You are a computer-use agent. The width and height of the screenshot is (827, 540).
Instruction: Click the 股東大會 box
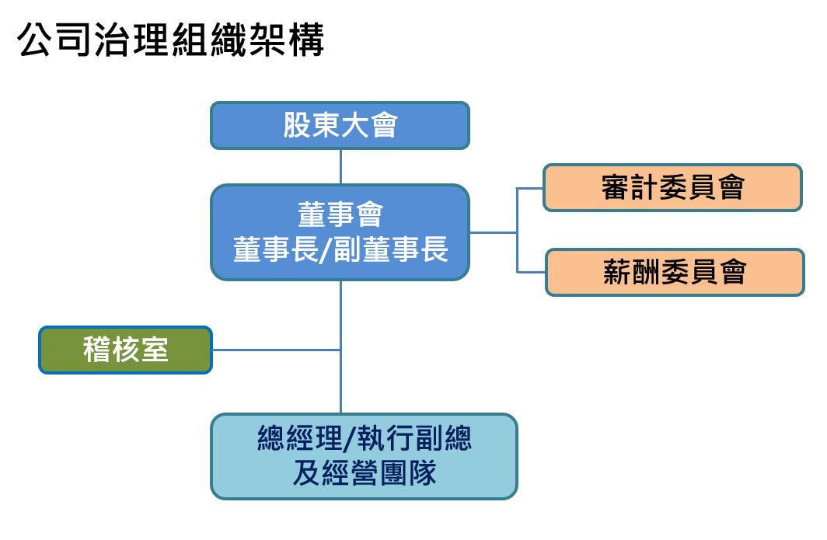pos(340,125)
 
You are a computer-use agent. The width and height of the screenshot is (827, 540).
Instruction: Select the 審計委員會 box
pos(672,187)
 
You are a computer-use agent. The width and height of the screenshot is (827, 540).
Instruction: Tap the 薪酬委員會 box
pos(674,272)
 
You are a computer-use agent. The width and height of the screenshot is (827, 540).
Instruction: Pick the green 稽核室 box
pos(125,350)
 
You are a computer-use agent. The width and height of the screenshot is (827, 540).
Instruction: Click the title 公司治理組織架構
pos(170,40)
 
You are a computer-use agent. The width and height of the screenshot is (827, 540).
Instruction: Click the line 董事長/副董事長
pos(340,250)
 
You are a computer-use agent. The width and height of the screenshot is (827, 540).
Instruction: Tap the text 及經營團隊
pos(364,473)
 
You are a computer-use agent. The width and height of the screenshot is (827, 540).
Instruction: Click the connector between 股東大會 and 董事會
pos(340,166)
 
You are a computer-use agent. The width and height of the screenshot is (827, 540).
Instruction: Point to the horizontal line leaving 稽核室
pos(276,350)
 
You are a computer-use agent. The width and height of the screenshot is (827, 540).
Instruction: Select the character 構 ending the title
pos(305,40)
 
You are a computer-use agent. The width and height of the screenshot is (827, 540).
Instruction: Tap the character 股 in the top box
pos(298,125)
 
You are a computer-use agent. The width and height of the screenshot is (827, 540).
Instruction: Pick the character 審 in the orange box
pos(615,187)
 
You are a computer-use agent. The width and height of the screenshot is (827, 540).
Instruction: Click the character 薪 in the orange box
pos(617,272)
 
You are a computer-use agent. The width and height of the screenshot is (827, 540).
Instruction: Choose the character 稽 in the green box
pos(96,350)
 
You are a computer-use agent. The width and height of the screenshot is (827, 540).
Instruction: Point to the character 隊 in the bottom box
pos(421,473)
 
